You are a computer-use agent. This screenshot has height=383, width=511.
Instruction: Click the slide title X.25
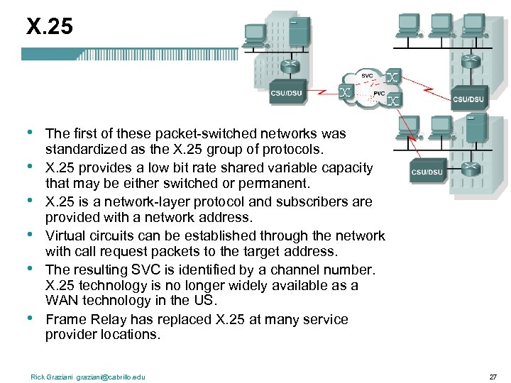point(49,26)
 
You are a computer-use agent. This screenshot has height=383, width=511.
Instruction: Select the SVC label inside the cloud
point(367,75)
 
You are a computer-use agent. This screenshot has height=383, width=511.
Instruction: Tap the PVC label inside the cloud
point(379,93)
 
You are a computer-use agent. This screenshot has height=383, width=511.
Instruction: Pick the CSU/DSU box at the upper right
point(469,99)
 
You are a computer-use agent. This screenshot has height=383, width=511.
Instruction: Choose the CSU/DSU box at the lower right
point(427,172)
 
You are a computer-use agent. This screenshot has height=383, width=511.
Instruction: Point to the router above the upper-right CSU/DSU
point(470,62)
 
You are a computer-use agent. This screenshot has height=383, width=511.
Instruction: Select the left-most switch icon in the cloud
point(346,92)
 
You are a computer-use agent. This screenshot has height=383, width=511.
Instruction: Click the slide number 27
point(493,377)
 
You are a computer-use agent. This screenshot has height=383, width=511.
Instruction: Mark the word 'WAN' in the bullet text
point(61,300)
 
